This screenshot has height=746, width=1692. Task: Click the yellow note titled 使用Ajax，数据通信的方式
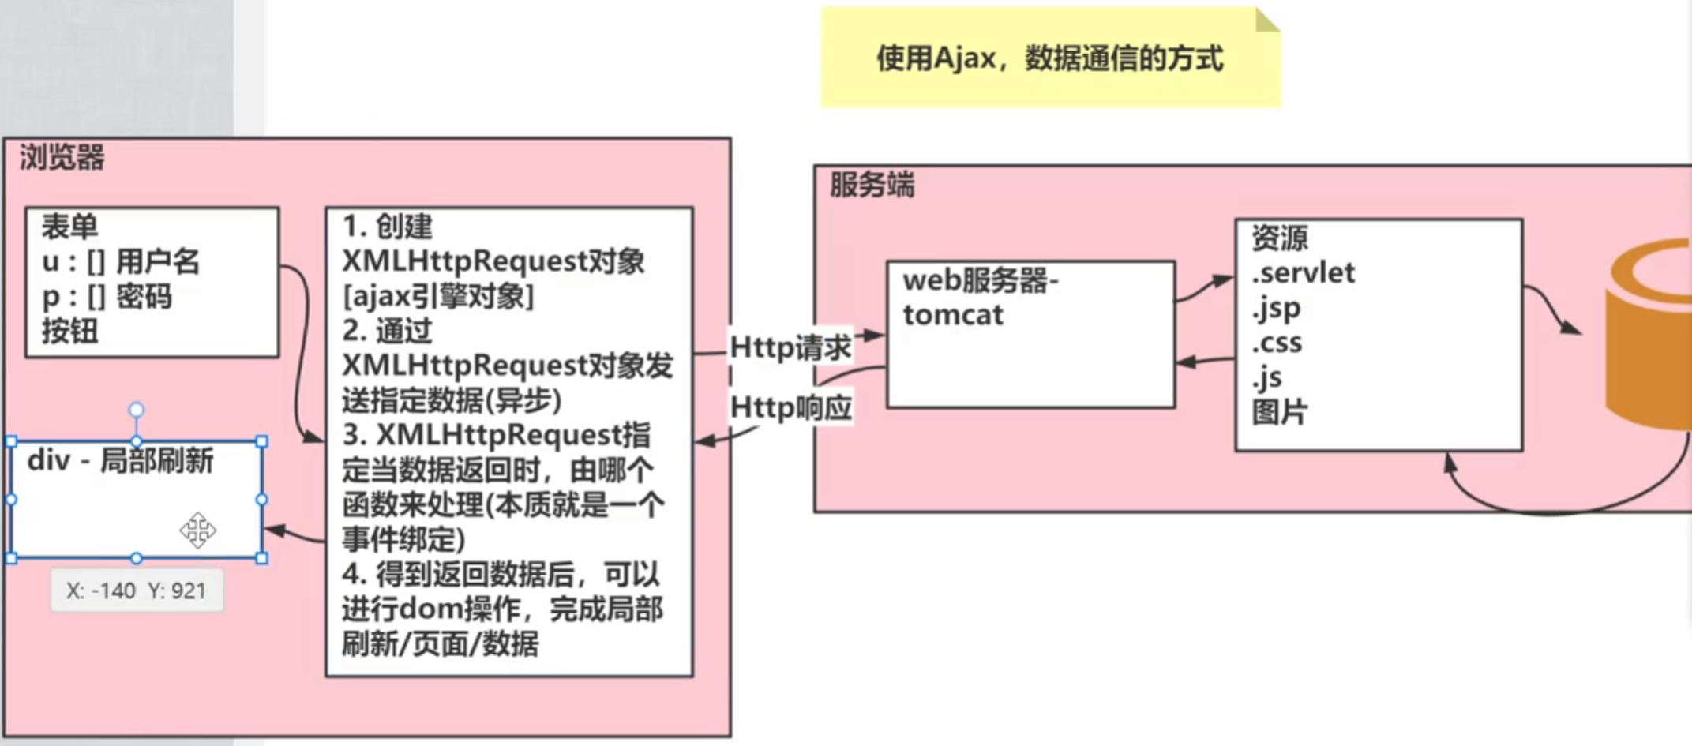pos(1049,58)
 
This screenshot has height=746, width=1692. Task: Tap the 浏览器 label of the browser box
pos(62,157)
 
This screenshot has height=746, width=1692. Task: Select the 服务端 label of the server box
pos(872,185)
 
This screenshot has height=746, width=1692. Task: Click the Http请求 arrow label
pos(790,347)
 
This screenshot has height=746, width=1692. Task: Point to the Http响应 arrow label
pos(790,407)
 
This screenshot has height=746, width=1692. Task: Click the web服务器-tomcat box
pos(1030,335)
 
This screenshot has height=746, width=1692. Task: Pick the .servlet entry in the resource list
pos(1304,273)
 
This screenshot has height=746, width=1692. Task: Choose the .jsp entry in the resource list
pos(1277,308)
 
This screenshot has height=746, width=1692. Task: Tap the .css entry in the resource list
pos(1277,343)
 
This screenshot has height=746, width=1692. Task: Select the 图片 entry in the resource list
pos(1280,411)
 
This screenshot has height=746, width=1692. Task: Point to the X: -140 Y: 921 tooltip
pos(137,590)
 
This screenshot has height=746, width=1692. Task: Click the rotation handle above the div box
pos(137,410)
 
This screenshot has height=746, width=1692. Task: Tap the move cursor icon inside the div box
pos(197,530)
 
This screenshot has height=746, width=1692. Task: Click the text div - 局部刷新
pos(120,460)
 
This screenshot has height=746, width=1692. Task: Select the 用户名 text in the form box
pos(158,261)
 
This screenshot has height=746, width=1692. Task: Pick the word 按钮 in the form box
pos(69,331)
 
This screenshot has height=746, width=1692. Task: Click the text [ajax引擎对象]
pos(438,296)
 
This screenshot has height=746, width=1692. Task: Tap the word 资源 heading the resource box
pos(1280,238)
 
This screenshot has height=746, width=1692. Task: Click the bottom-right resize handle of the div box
pos(262,558)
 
